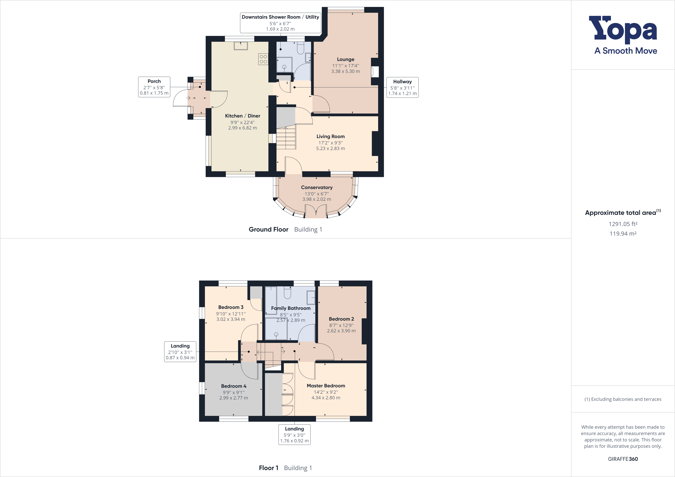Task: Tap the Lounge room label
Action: pyautogui.click(x=345, y=59)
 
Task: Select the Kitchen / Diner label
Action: pyautogui.click(x=242, y=116)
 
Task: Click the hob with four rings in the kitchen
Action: pyautogui.click(x=263, y=59)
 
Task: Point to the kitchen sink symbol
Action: pyautogui.click(x=241, y=46)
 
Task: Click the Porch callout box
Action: pyautogui.click(x=154, y=87)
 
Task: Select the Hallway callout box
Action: pyautogui.click(x=402, y=87)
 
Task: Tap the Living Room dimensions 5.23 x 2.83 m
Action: pyautogui.click(x=330, y=148)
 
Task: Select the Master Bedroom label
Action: pyautogui.click(x=326, y=386)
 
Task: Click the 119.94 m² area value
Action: pyautogui.click(x=623, y=234)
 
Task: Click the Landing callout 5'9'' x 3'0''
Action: pyautogui.click(x=294, y=435)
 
